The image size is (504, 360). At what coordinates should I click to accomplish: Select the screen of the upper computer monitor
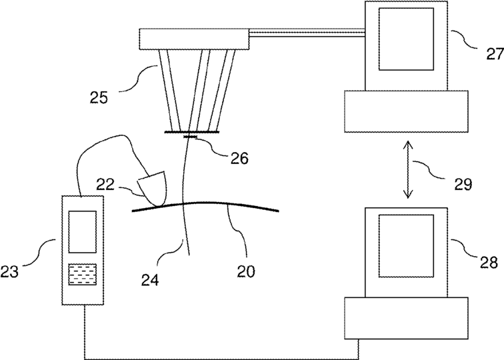coord(407,38)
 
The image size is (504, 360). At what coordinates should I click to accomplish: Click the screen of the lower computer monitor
coord(407,245)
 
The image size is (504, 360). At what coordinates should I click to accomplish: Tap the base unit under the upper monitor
coord(405,111)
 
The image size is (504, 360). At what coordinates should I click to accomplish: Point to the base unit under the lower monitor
coord(405,317)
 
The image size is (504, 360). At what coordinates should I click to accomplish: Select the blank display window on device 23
coord(83,231)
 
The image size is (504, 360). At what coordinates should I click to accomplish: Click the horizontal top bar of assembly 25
coord(194,39)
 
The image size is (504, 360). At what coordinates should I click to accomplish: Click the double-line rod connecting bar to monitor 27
coord(307,31)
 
